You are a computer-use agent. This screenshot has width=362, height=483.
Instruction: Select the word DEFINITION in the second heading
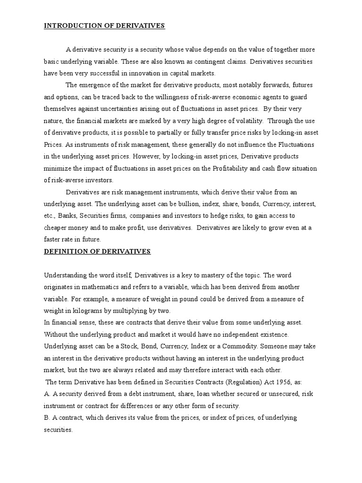click(63, 251)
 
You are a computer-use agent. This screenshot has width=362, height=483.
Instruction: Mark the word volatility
click(242, 121)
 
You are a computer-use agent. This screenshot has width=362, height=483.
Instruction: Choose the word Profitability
click(236, 168)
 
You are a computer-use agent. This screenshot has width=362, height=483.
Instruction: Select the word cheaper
click(56, 228)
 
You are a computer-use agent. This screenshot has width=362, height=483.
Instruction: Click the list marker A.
click(46, 394)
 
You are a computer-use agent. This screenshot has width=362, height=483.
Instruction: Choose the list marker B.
click(46, 418)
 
